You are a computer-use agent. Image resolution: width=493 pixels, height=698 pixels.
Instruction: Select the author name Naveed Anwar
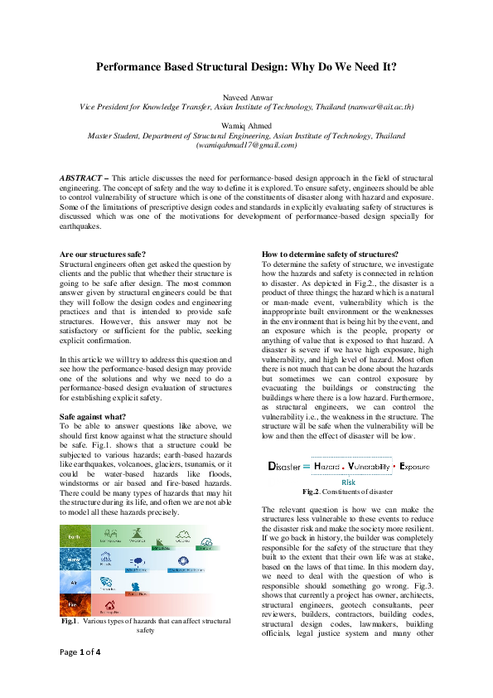[x=246, y=97]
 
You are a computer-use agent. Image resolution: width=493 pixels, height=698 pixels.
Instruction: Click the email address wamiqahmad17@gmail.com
[x=246, y=144]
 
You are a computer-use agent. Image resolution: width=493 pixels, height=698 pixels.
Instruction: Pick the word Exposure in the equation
[x=414, y=468]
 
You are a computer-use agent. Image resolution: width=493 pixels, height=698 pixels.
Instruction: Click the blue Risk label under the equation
[x=348, y=481]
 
